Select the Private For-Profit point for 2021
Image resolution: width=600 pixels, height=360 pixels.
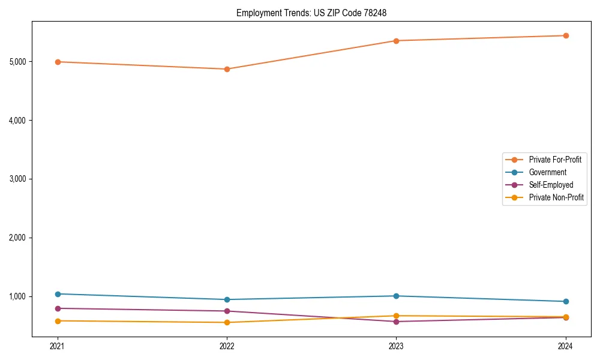[58, 62]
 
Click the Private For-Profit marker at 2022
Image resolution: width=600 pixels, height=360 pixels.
[227, 69]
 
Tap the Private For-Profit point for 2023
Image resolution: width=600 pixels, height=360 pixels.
[396, 41]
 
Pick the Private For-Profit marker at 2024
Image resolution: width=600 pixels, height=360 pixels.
[565, 35]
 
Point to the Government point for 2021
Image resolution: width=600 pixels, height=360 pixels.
[58, 294]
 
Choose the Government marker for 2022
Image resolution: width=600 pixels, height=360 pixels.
[227, 299]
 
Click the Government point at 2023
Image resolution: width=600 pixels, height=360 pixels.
[396, 296]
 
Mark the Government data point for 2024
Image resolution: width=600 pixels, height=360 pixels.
[565, 301]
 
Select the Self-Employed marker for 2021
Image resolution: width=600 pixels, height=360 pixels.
[58, 308]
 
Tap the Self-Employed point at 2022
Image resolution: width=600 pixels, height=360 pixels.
[227, 311]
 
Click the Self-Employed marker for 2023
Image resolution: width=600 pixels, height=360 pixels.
[396, 322]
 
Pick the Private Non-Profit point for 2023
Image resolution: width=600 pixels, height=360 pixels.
[396, 316]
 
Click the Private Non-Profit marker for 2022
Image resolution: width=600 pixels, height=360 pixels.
[227, 322]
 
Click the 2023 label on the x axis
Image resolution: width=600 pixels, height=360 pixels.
[396, 346]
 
